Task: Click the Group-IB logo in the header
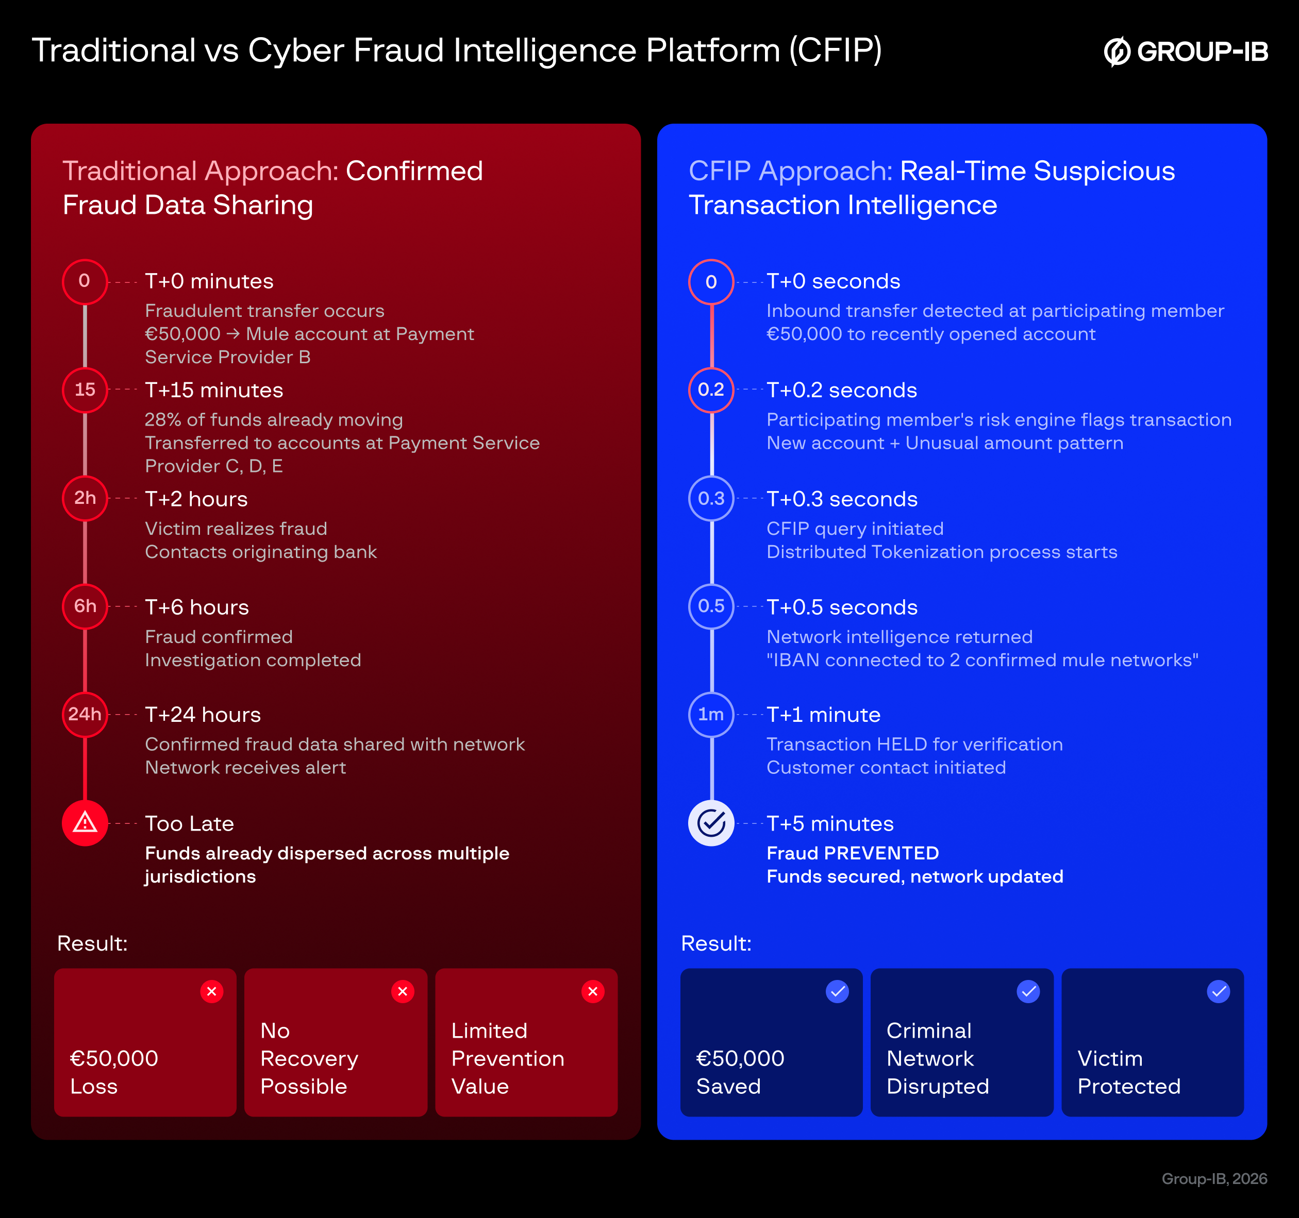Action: point(1185,52)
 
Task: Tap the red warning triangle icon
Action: point(85,823)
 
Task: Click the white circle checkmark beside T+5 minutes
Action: point(711,823)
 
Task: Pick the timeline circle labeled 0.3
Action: point(711,499)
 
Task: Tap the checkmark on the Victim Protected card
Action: point(1218,991)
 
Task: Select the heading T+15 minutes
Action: point(214,390)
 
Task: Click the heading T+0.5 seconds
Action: point(842,607)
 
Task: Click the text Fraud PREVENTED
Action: point(852,853)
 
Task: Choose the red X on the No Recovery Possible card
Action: point(403,991)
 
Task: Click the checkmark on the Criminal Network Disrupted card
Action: point(1028,991)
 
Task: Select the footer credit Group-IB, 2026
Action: point(1214,1179)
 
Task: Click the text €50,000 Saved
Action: point(740,1072)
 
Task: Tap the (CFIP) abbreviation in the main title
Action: point(835,50)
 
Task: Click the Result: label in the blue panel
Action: point(716,943)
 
